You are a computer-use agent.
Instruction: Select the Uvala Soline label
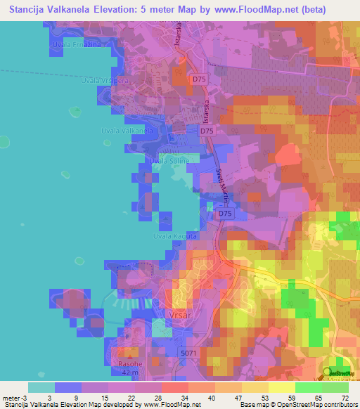pyautogui.click(x=168, y=162)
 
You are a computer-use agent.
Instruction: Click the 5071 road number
pyautogui.click(x=189, y=352)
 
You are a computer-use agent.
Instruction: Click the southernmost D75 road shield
pyautogui.click(x=225, y=213)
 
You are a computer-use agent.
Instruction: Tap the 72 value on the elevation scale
pyautogui.click(x=344, y=398)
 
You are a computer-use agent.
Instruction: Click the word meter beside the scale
pyautogui.click(x=10, y=398)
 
